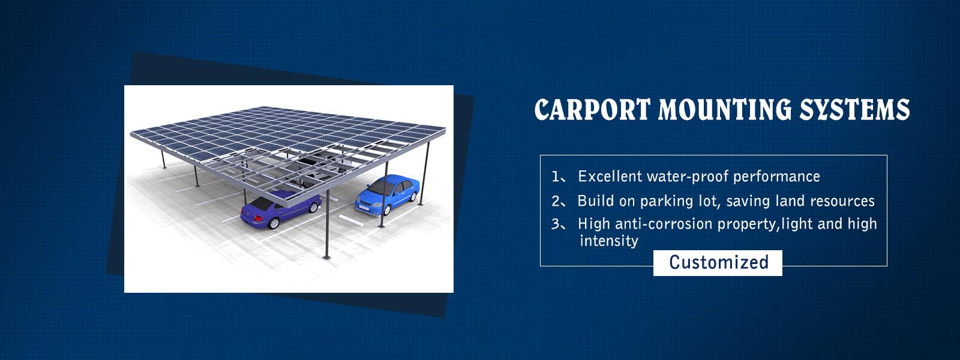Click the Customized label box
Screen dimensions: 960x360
click(x=718, y=263)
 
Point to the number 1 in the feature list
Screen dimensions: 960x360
click(x=556, y=176)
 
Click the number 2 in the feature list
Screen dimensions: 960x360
click(x=556, y=201)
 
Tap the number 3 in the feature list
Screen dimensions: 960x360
click(x=556, y=224)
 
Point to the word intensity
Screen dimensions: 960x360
click(x=608, y=241)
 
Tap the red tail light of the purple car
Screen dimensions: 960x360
click(x=258, y=218)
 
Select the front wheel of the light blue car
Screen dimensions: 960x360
click(x=387, y=210)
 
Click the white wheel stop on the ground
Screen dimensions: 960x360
click(x=351, y=220)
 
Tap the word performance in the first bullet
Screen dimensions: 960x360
click(x=776, y=176)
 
